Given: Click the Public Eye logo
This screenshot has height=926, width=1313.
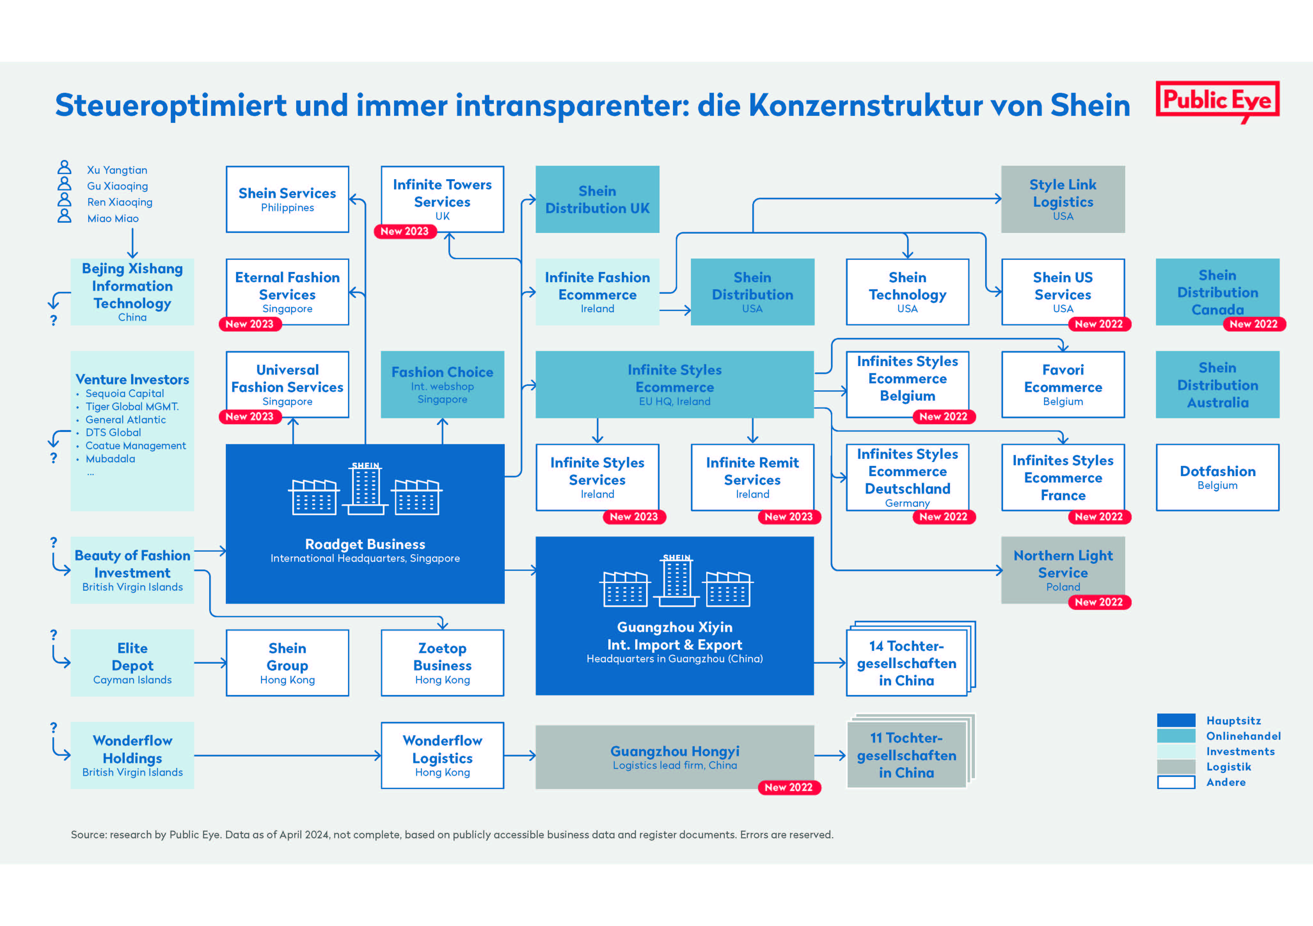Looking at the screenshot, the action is (x=1217, y=101).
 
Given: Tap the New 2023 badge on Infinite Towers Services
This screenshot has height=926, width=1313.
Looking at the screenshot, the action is (x=405, y=231).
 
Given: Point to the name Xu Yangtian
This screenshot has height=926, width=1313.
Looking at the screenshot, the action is (x=117, y=170).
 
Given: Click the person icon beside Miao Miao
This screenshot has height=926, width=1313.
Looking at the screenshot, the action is (x=65, y=216).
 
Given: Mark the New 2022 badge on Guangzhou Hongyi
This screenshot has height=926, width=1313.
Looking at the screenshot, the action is (x=789, y=787).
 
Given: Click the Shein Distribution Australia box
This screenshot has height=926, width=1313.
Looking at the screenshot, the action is (x=1217, y=384).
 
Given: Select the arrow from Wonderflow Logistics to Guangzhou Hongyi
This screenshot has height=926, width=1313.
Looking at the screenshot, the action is (x=520, y=755).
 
